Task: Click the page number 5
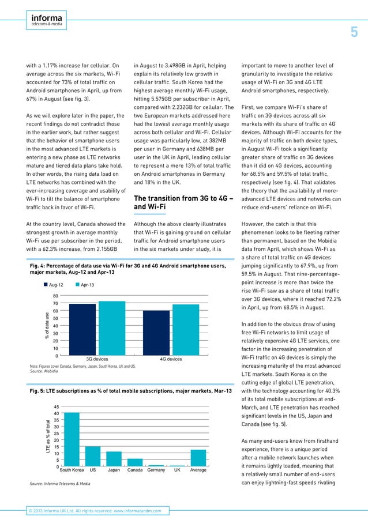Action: (355, 32)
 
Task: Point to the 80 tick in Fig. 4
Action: (54, 296)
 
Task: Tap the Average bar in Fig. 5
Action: (198, 458)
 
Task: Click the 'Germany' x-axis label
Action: (156, 470)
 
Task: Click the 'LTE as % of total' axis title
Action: (48, 436)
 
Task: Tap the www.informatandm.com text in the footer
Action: (138, 511)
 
